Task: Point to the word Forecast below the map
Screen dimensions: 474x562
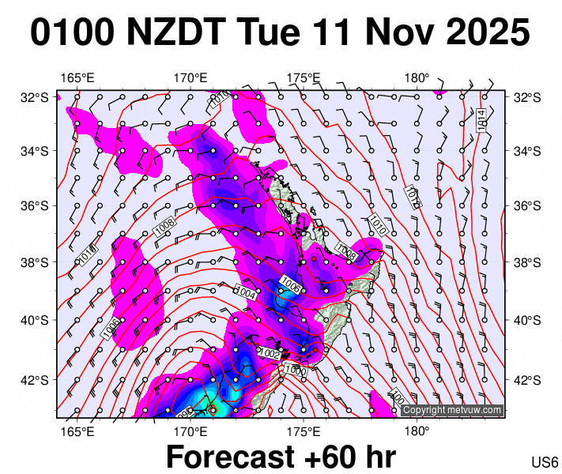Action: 236,457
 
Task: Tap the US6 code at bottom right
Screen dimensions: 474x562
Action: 545,462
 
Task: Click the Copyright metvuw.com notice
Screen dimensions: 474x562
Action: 452,410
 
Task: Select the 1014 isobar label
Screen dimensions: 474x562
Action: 481,119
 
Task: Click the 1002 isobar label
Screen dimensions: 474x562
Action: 270,354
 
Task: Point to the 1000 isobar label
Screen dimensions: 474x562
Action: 295,370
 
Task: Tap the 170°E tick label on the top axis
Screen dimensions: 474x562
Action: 190,77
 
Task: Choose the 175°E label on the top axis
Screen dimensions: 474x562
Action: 304,77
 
